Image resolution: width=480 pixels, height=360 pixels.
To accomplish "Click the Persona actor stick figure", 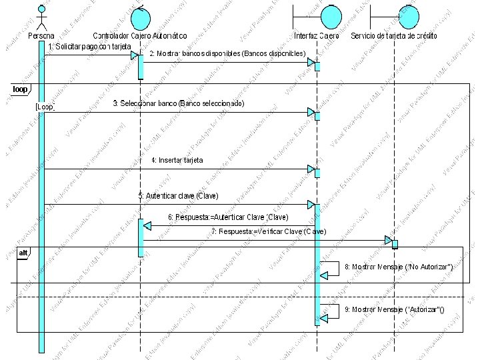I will point(41,16).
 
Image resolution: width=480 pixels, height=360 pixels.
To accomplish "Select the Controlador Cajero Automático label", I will point(139,35).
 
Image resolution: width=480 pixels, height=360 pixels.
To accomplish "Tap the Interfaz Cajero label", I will point(316,35).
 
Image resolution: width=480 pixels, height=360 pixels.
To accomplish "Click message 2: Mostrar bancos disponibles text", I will point(227,53).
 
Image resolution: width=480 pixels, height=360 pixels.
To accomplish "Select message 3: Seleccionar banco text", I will point(179,104).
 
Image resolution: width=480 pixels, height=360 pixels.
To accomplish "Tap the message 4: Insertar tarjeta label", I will point(177,160).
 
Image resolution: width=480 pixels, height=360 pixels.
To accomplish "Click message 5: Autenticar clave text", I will point(178,196).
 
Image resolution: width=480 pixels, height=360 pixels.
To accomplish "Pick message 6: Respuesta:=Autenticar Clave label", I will point(228,217).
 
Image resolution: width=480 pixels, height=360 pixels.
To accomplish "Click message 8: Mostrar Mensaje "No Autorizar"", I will point(399,267).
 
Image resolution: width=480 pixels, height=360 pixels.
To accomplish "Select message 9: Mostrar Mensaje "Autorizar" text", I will point(393,310).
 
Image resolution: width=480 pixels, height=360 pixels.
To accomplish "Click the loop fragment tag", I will point(20,89).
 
